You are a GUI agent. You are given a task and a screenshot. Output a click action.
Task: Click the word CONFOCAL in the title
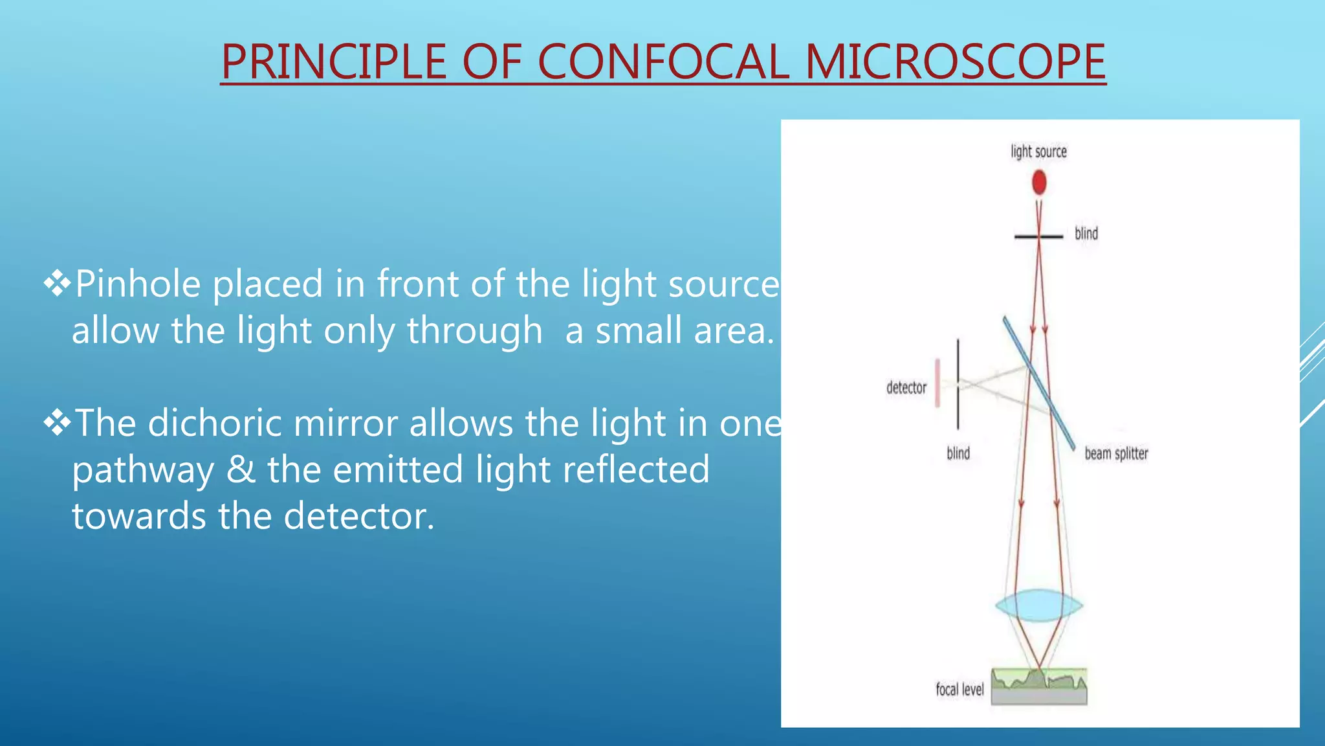click(662, 62)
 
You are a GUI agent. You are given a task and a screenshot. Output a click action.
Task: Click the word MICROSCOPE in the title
click(955, 62)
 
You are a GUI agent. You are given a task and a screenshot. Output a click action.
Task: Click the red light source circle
click(1039, 183)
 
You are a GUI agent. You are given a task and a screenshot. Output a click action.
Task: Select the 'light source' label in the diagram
click(1038, 152)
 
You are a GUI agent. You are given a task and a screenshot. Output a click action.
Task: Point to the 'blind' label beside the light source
click(1086, 233)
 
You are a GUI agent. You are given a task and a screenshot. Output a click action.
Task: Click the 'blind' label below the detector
click(958, 453)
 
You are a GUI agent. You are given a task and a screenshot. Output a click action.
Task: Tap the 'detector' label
click(906, 388)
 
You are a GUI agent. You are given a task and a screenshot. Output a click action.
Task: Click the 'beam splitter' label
click(1116, 453)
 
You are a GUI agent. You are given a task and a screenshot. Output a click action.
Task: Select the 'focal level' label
click(959, 690)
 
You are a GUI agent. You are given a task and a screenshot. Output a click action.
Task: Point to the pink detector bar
click(937, 383)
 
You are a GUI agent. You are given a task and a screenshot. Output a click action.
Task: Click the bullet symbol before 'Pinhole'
click(57, 284)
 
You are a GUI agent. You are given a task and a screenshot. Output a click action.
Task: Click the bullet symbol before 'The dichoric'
click(57, 423)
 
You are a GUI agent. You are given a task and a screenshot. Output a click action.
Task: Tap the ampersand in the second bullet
click(241, 470)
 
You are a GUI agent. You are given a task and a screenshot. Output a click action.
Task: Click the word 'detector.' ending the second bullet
click(359, 516)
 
